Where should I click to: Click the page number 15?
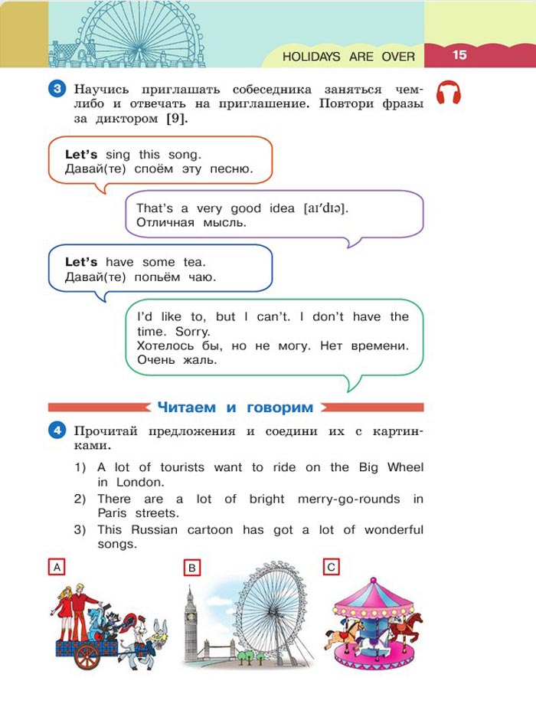pyautogui.click(x=459, y=54)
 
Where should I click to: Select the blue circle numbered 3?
pyautogui.click(x=58, y=88)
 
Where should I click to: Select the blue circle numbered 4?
pyautogui.click(x=58, y=431)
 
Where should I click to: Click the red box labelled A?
pyautogui.click(x=55, y=567)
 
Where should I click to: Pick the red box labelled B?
pyautogui.click(x=192, y=568)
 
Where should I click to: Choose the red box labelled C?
pyautogui.click(x=331, y=567)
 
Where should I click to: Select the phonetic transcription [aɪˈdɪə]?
pyautogui.click(x=325, y=208)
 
